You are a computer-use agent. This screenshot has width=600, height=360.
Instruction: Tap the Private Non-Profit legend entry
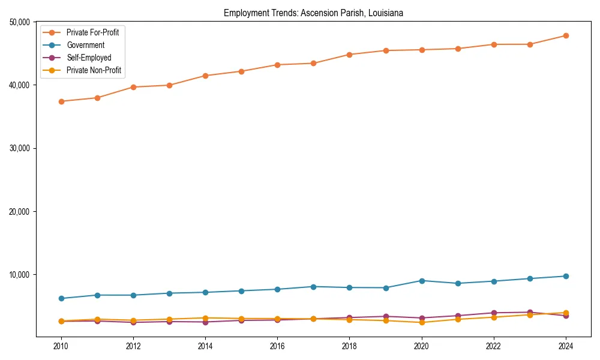(x=94, y=70)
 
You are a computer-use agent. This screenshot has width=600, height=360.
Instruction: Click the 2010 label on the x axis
(x=61, y=346)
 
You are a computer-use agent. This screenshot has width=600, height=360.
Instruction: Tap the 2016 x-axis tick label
(x=277, y=346)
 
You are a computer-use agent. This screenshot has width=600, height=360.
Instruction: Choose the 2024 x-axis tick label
(x=566, y=346)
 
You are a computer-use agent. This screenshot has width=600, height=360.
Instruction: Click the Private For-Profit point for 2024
(x=566, y=35)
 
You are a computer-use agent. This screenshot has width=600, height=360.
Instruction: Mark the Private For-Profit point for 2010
(x=61, y=101)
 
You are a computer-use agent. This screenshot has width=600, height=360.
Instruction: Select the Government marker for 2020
(x=422, y=281)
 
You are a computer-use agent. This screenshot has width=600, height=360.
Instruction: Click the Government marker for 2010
(x=61, y=298)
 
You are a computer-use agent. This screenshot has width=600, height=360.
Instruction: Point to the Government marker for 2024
(x=566, y=276)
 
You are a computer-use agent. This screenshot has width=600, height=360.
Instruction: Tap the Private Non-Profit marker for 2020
(x=422, y=322)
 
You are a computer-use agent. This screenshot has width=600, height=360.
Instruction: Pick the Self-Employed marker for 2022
(x=494, y=313)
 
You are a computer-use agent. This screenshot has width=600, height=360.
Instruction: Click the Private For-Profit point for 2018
(x=349, y=55)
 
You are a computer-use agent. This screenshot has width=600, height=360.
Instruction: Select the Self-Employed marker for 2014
(x=205, y=322)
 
